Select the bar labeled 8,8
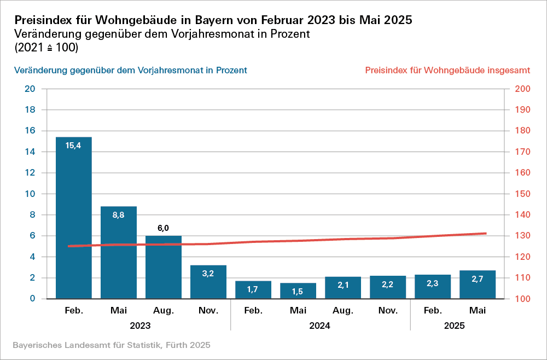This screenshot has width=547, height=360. click(119, 252)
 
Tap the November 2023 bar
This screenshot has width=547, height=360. click(208, 282)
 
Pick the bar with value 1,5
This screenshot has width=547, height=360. click(298, 291)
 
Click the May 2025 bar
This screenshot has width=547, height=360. click(478, 284)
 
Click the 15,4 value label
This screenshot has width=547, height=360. click(74, 146)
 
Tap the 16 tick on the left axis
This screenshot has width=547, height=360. click(31, 131)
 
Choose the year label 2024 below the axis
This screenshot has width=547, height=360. click(320, 326)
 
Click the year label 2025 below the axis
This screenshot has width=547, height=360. click(455, 326)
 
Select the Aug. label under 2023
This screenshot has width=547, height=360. click(164, 311)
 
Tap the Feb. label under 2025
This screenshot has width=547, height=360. click(433, 311)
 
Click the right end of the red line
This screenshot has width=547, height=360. click(486, 234)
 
